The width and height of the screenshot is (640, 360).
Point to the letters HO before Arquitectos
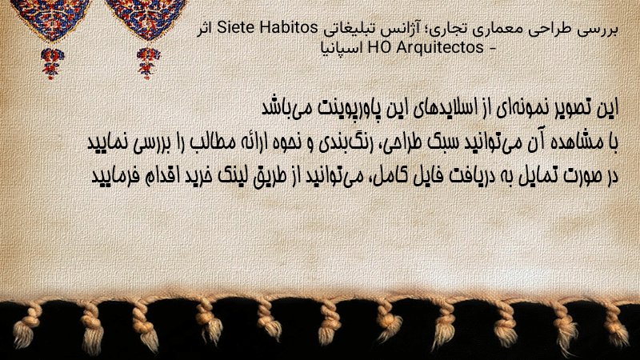379,48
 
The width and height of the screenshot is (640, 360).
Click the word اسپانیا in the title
342,49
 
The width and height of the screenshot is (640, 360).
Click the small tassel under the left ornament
52,63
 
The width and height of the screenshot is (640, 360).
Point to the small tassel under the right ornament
148,63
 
